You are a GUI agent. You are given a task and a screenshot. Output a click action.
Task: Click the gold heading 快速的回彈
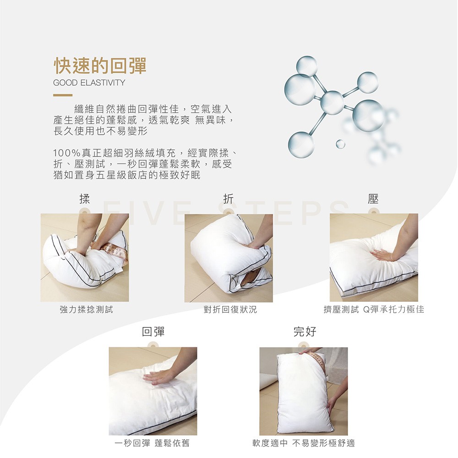coord(100,65)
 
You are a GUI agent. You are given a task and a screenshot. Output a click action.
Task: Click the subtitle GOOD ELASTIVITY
coord(89,82)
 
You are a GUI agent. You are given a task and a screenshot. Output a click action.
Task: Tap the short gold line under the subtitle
coord(62,95)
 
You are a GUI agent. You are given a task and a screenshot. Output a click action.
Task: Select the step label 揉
coord(85,199)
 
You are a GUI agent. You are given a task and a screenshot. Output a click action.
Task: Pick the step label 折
coord(229,199)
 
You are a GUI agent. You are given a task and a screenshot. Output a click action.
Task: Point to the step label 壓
coord(373,199)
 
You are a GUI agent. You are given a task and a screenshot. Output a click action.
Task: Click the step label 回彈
coord(153,332)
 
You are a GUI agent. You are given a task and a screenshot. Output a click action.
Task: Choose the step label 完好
coord(305,332)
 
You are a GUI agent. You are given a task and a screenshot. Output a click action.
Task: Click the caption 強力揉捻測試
coord(86,309)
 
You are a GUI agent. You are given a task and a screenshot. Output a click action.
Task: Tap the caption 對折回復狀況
coord(230,309)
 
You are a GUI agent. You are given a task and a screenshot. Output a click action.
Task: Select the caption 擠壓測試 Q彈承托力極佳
coord(374,309)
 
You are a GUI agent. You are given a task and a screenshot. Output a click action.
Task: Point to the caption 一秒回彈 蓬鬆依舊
coord(152,443)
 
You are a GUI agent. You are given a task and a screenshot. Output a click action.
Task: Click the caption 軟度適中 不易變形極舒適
coord(304,443)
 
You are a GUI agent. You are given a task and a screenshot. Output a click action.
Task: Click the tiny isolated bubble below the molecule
coord(340,144)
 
